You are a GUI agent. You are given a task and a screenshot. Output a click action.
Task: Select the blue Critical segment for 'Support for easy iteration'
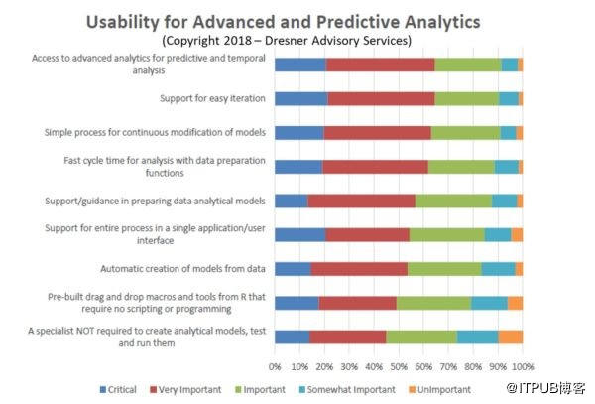coord(300,98)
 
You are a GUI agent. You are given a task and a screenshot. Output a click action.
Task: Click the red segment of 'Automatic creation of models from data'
coord(359,268)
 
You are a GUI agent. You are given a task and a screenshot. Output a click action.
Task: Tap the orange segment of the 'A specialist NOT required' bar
coord(510,337)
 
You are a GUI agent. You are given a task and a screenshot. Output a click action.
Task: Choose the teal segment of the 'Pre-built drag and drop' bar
coord(489,303)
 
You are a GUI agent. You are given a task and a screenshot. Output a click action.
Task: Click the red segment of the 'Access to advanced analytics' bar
coord(380,65)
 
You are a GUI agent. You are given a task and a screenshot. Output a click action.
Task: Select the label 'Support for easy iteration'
coord(212,98)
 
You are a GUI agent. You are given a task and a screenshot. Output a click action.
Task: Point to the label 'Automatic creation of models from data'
coord(182,268)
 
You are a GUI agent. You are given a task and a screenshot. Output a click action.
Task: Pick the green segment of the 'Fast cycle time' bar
coord(461,167)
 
